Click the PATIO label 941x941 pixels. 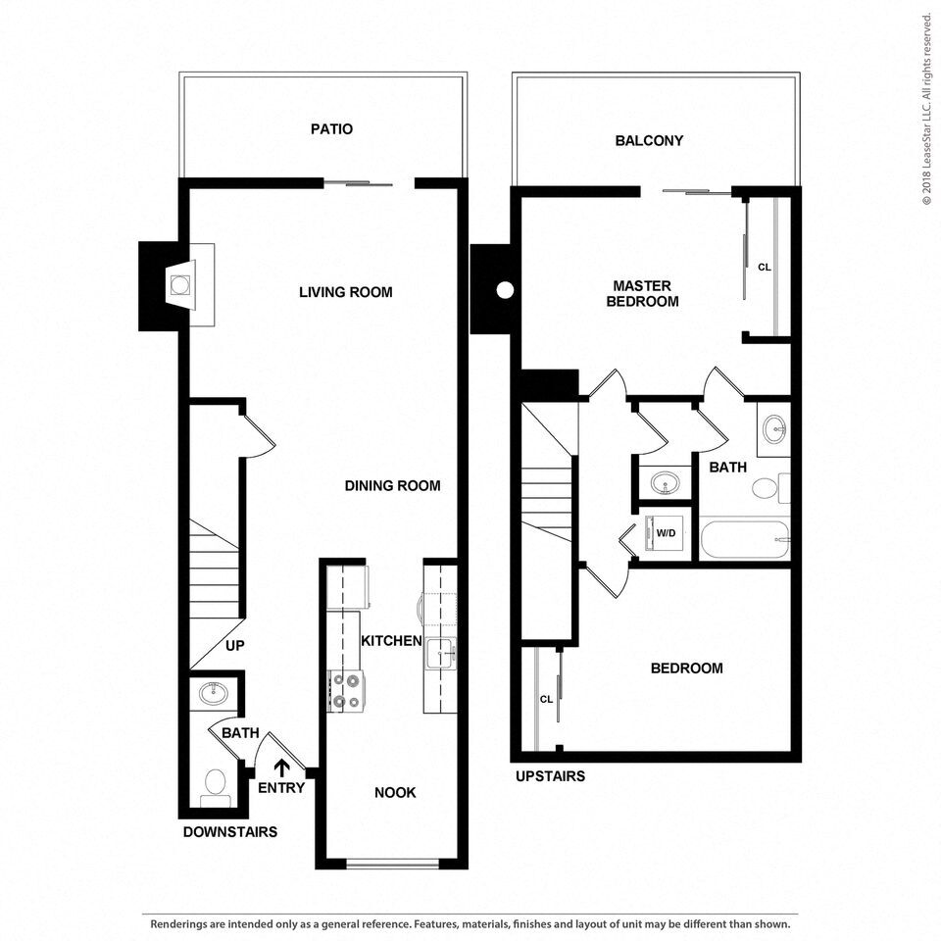tap(331, 129)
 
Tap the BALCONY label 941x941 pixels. tap(649, 141)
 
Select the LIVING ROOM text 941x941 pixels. tap(345, 292)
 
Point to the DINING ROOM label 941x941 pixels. tap(392, 485)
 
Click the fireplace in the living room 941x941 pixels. tap(179, 285)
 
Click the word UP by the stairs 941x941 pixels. tap(234, 646)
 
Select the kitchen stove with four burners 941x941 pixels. tap(345, 689)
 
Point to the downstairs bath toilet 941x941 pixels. tap(215, 785)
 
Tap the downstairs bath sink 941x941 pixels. tap(214, 695)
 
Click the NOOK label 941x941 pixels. tap(395, 792)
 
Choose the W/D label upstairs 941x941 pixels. tap(666, 533)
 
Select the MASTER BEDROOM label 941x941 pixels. tap(642, 294)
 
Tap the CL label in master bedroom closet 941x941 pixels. tap(765, 267)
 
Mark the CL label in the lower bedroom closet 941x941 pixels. tap(547, 699)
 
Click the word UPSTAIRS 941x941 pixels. tap(550, 776)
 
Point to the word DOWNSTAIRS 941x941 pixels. tap(230, 832)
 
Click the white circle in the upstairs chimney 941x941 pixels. tap(505, 290)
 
